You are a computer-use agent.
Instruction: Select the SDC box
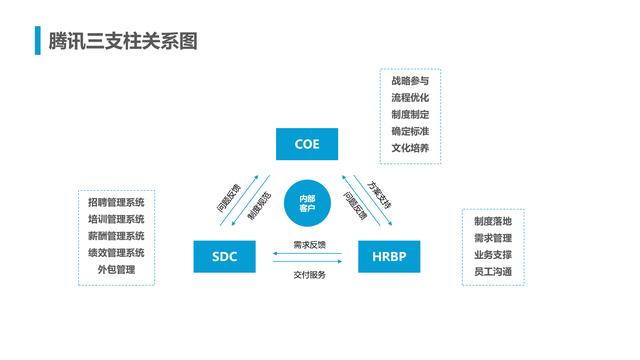click(x=224, y=257)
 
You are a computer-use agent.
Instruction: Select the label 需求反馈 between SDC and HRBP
click(x=309, y=244)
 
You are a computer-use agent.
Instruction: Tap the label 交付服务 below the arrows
click(x=309, y=274)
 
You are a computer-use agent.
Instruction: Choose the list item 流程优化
click(x=410, y=98)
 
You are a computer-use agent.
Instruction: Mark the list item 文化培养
click(x=410, y=148)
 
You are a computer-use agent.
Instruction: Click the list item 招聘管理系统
click(x=115, y=202)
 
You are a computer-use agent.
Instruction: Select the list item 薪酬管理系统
click(x=115, y=236)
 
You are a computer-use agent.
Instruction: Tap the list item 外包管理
click(x=115, y=270)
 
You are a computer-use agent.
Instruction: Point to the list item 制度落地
click(x=493, y=221)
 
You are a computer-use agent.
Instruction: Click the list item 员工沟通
click(x=493, y=271)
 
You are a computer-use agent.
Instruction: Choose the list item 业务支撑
click(x=493, y=254)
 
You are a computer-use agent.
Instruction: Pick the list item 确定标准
click(x=410, y=131)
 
